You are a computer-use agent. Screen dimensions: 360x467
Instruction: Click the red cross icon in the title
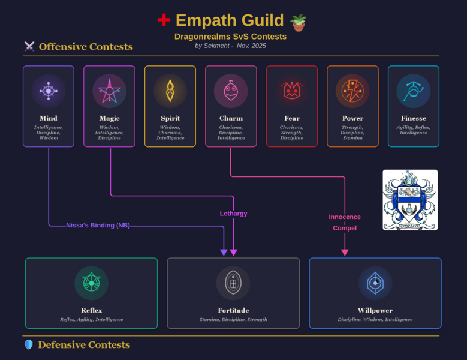[x=164, y=20]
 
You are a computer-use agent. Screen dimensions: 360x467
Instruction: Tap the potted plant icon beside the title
[x=298, y=22]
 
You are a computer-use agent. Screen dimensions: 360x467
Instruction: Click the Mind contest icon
[x=49, y=91]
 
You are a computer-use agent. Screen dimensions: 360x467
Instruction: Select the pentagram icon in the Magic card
[x=109, y=91]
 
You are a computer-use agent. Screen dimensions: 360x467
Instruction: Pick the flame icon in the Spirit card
[x=170, y=91]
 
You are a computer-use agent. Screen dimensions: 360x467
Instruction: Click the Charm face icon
[x=231, y=91]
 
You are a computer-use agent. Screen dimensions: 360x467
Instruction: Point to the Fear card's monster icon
[x=292, y=91]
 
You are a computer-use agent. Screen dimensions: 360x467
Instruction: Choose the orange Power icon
[x=352, y=91]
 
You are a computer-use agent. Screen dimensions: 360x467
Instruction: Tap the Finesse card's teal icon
[x=413, y=91]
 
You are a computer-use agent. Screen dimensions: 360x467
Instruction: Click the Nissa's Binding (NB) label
[x=98, y=226]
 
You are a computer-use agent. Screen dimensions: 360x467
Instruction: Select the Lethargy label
[x=233, y=214]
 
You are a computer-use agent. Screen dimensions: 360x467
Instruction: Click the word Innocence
[x=345, y=217]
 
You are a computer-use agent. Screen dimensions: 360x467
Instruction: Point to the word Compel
[x=345, y=228]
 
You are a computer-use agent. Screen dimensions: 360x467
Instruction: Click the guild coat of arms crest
[x=410, y=200]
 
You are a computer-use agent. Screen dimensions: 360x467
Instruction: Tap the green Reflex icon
[x=91, y=283]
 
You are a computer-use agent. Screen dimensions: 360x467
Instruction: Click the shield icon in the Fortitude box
[x=233, y=283]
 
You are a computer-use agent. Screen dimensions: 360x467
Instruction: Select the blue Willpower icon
[x=375, y=283]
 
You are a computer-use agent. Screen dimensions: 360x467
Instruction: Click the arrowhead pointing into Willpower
[x=345, y=253]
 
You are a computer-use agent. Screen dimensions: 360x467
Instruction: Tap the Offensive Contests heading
[x=86, y=47]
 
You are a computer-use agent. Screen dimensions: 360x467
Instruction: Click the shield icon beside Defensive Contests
[x=28, y=344]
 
